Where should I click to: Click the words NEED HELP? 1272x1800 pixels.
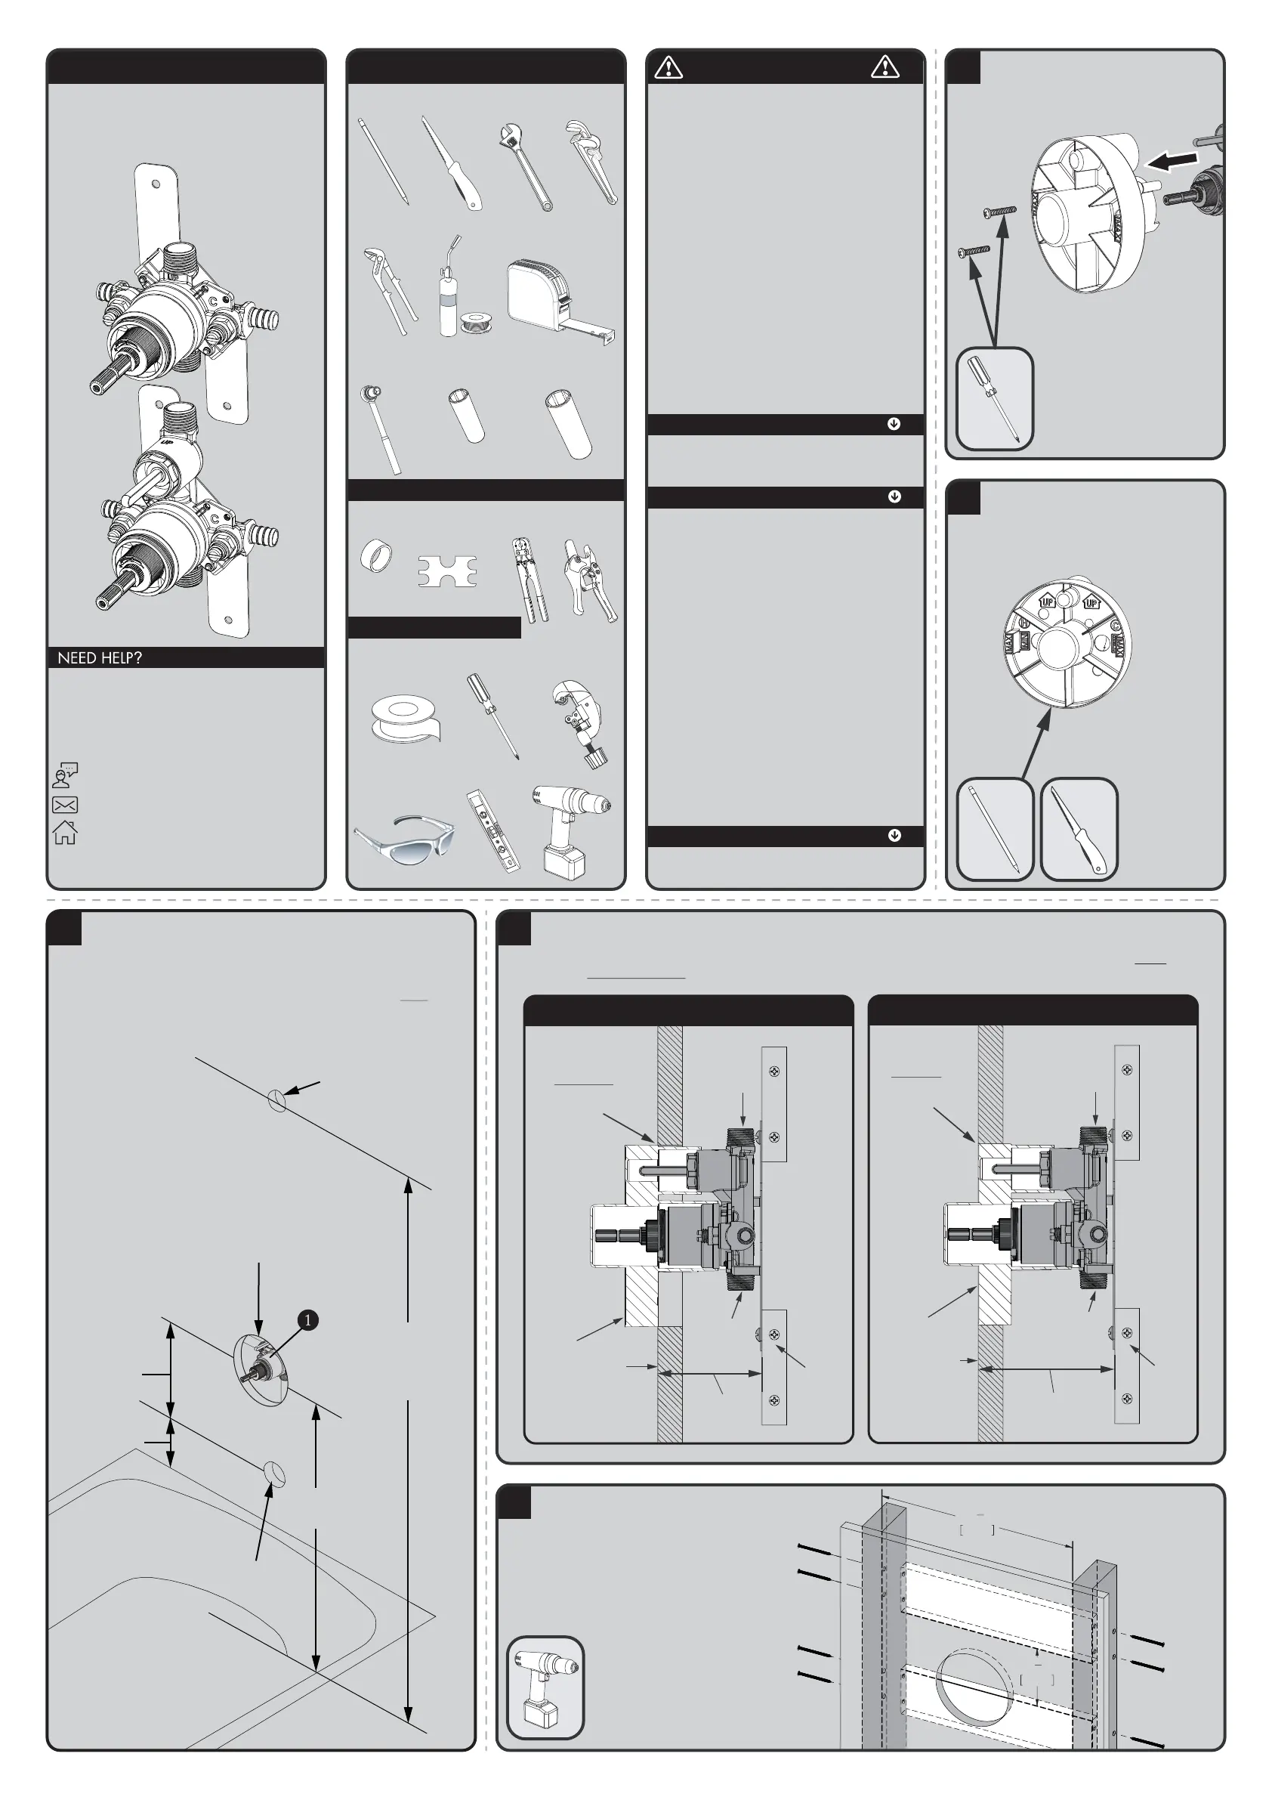pyautogui.click(x=100, y=657)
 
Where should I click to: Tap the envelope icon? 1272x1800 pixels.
pyautogui.click(x=65, y=804)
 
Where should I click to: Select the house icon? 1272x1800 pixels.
pyautogui.click(x=65, y=832)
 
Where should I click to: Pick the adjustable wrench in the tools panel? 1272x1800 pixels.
pyautogui.click(x=524, y=165)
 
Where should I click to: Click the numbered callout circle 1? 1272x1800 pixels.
pyautogui.click(x=308, y=1320)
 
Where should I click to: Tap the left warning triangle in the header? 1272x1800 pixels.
pyautogui.click(x=668, y=67)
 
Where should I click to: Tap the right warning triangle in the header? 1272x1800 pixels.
pyautogui.click(x=885, y=66)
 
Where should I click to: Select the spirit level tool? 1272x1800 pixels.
pyautogui.click(x=492, y=831)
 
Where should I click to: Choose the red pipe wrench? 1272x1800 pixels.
pyautogui.click(x=591, y=161)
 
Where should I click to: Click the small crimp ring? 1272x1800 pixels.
pyautogui.click(x=377, y=555)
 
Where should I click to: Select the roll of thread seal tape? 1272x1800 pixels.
pyautogui.click(x=405, y=717)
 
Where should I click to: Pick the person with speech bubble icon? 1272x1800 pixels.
pyautogui.click(x=65, y=775)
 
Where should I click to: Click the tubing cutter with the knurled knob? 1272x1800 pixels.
pyautogui.click(x=582, y=723)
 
